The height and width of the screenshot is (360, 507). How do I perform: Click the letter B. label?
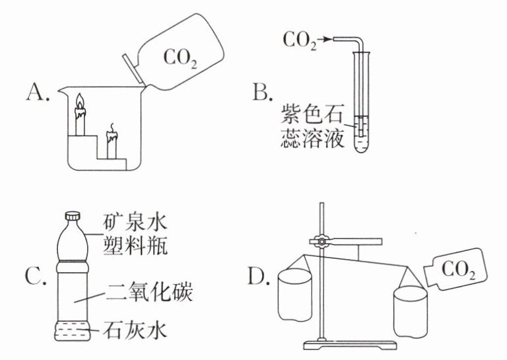point(263,92)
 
